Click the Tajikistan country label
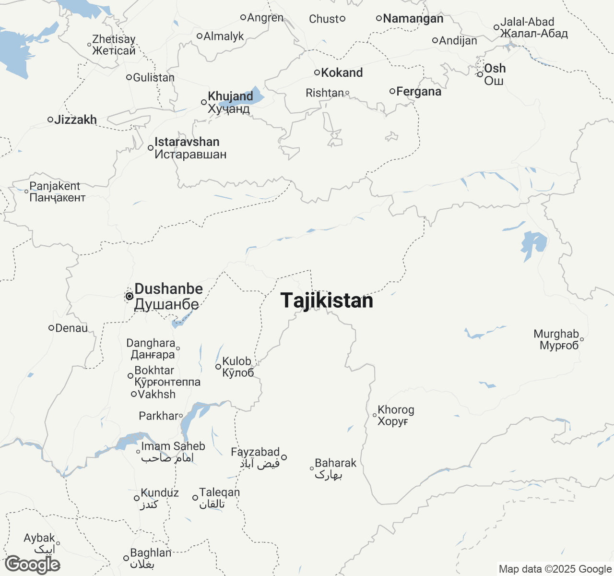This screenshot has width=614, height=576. [327, 300]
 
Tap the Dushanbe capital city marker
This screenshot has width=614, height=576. [129, 296]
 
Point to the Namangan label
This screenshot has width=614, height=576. [413, 19]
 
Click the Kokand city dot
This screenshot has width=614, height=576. [317, 72]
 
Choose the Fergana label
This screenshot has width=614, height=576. [419, 91]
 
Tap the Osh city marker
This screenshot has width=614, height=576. [480, 74]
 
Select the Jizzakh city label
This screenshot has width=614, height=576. [75, 120]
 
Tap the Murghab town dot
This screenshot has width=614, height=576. [582, 339]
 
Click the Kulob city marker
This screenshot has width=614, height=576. [218, 367]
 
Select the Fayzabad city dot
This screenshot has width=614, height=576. [284, 457]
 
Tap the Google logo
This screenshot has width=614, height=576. [33, 564]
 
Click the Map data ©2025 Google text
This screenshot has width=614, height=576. [555, 569]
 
